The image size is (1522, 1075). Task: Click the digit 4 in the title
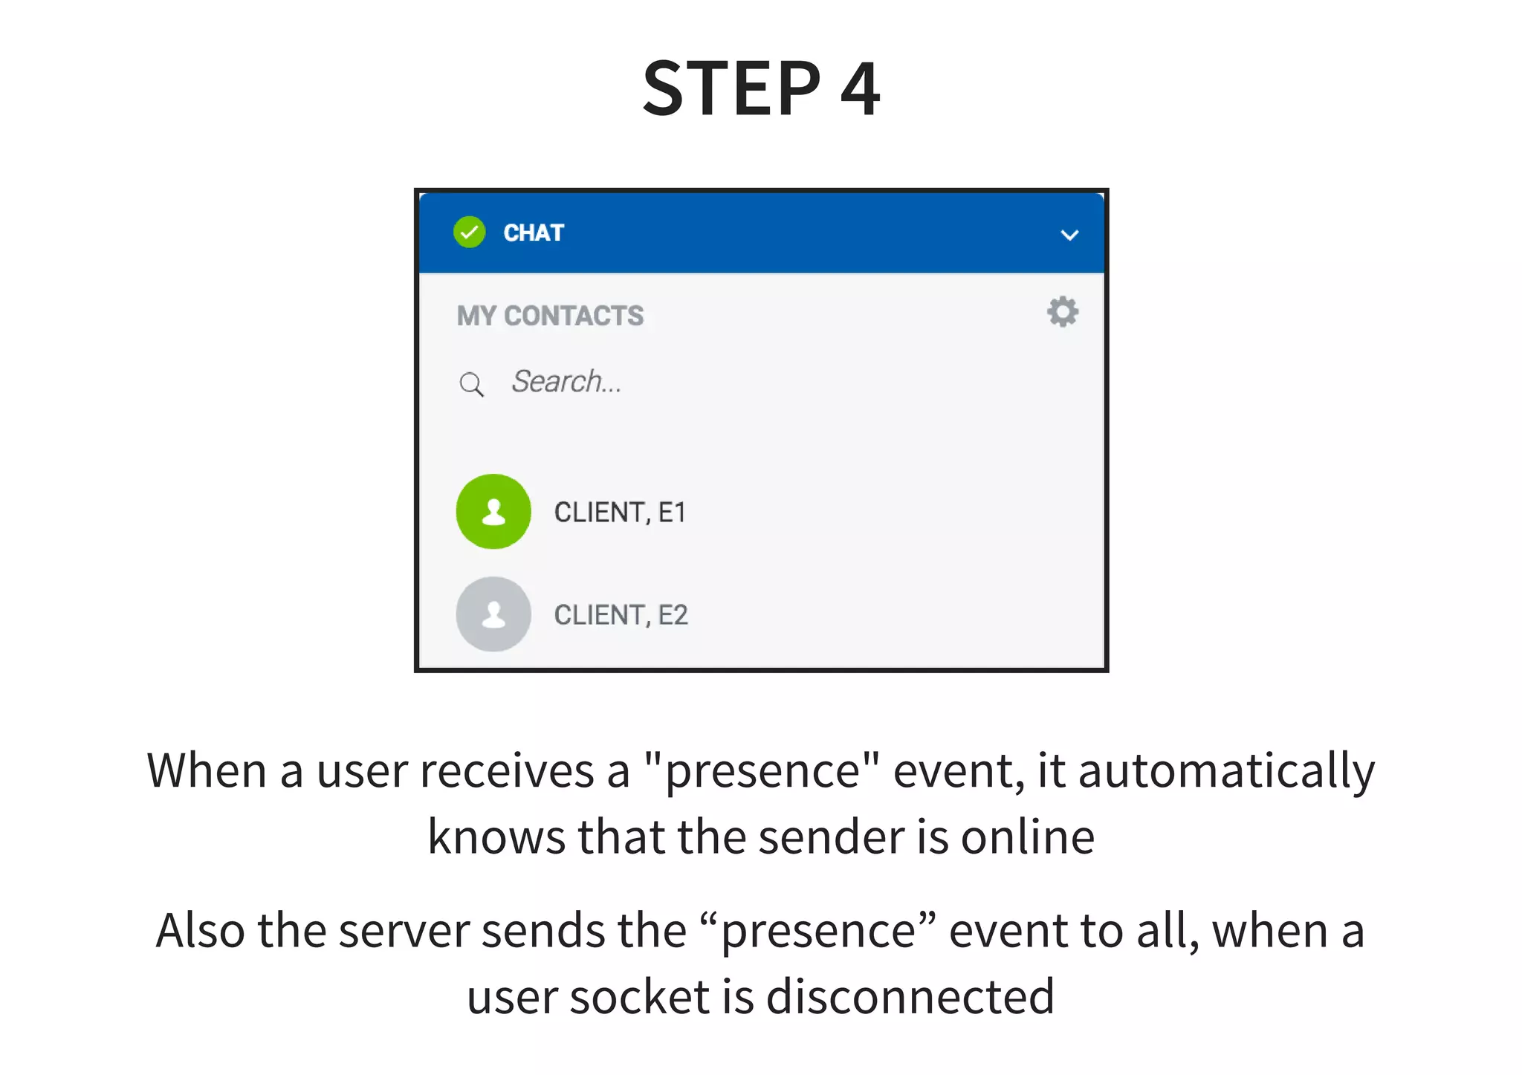click(x=860, y=89)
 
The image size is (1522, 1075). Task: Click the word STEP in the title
click(x=732, y=89)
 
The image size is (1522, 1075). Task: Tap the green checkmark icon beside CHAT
click(x=469, y=233)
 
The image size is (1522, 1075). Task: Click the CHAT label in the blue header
click(x=534, y=233)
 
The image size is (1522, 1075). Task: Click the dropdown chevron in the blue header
click(x=1069, y=236)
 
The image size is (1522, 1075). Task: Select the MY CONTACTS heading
click(x=550, y=316)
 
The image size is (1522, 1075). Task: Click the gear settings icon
click(x=1062, y=312)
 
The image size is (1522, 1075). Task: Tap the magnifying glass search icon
click(x=471, y=384)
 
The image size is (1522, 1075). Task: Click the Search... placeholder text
click(x=566, y=382)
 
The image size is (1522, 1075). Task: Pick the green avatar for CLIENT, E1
click(x=493, y=512)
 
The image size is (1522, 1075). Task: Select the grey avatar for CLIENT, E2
click(x=493, y=614)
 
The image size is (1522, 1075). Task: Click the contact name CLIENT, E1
click(x=620, y=513)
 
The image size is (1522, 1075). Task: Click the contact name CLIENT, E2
click(x=621, y=615)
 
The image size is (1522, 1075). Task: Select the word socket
click(x=639, y=997)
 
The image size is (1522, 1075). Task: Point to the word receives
click(x=507, y=771)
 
